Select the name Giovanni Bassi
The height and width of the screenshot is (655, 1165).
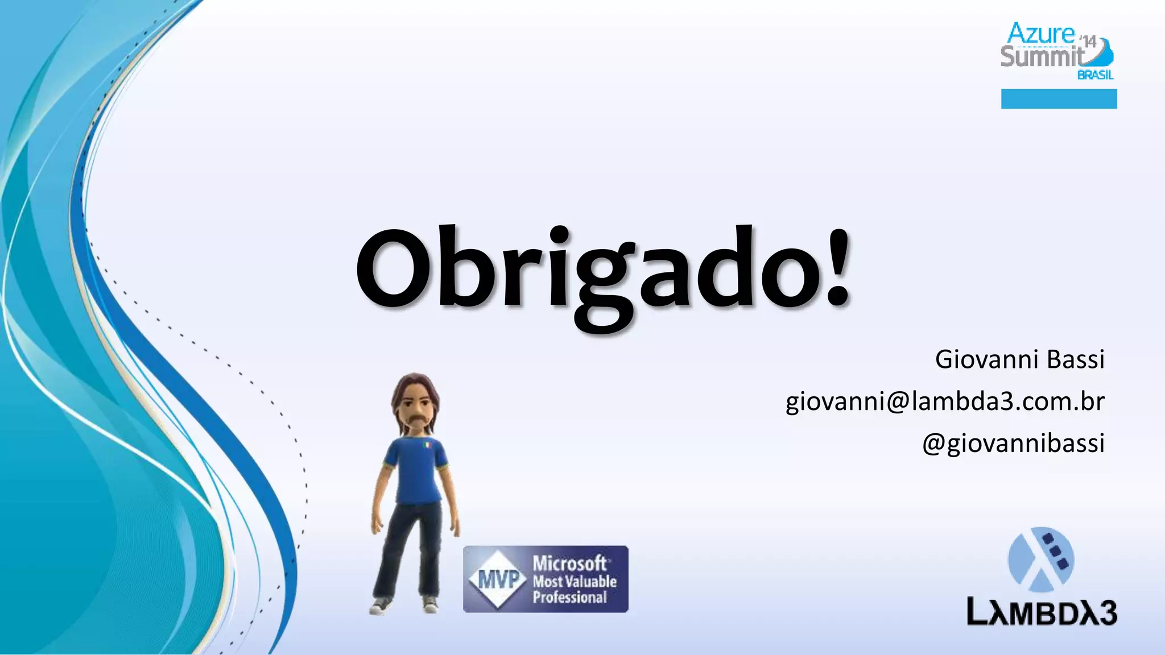(1019, 359)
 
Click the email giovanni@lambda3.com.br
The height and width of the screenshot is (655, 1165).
(945, 401)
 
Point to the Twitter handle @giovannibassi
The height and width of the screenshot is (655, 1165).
(1013, 443)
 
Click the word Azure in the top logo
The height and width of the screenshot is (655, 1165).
(1041, 34)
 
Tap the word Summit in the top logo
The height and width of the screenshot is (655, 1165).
(1042, 57)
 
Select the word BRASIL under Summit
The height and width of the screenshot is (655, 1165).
(1096, 75)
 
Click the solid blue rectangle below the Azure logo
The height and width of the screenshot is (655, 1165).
(1059, 98)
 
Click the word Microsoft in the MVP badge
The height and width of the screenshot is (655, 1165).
(571, 563)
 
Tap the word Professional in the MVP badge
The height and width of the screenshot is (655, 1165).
(569, 598)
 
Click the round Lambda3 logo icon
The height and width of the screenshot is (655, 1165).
(1041, 559)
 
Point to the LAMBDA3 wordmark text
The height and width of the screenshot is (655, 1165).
(1042, 613)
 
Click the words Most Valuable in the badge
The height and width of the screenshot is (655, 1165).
(575, 581)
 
